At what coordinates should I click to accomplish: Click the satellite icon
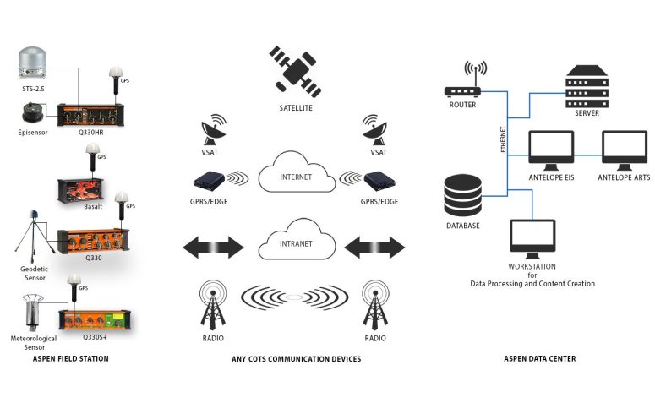(x=295, y=72)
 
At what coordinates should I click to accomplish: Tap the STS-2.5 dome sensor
(x=33, y=63)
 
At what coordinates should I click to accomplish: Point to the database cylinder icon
(x=463, y=195)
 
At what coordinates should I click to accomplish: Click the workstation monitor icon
(x=532, y=239)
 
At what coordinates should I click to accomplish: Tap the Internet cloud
(x=297, y=173)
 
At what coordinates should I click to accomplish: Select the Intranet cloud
(x=297, y=240)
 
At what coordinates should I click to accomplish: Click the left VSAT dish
(x=214, y=130)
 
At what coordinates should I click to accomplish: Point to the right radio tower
(x=375, y=305)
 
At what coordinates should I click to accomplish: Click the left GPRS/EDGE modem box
(x=209, y=180)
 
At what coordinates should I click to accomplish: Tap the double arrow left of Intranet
(x=213, y=248)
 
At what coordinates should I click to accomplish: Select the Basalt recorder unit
(x=80, y=191)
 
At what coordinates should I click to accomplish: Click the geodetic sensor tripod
(x=35, y=236)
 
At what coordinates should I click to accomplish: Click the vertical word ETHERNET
(x=503, y=139)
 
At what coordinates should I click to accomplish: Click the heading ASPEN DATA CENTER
(x=540, y=359)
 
